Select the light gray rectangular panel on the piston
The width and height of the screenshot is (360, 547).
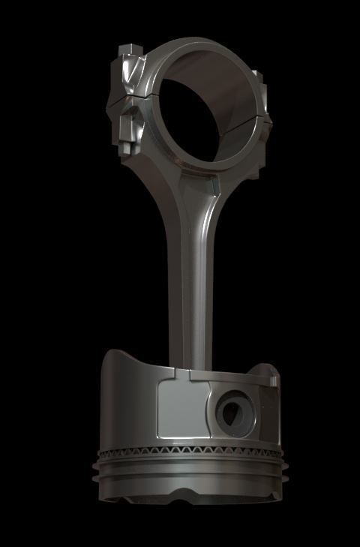(x=180, y=409)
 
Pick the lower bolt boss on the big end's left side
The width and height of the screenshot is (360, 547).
(x=130, y=128)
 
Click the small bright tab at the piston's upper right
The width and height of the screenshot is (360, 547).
(x=272, y=382)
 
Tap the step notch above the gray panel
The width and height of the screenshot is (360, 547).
(x=182, y=373)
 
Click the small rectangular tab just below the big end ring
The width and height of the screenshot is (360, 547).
(x=215, y=182)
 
